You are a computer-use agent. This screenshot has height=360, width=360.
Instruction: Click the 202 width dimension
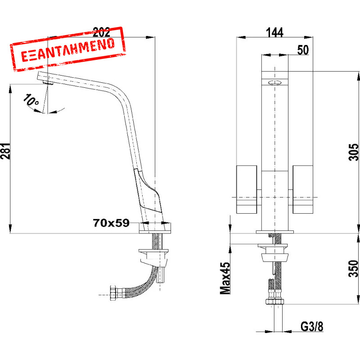tap(101, 32)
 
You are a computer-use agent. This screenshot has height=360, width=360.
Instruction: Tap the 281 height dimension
tap(5, 151)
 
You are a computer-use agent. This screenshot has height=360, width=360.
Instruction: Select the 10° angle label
tap(31, 100)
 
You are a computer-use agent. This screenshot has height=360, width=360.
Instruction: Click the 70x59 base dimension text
tap(111, 223)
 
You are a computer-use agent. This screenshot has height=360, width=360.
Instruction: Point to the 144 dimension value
tap(274, 32)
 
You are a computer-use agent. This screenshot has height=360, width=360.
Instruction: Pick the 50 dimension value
tap(303, 50)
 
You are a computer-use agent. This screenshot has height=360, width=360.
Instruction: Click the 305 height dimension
tap(353, 152)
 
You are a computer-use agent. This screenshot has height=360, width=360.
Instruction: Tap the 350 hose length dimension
tap(353, 268)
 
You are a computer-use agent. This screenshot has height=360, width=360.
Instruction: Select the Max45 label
tap(225, 278)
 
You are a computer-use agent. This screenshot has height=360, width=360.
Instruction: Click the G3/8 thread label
tap(312, 327)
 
